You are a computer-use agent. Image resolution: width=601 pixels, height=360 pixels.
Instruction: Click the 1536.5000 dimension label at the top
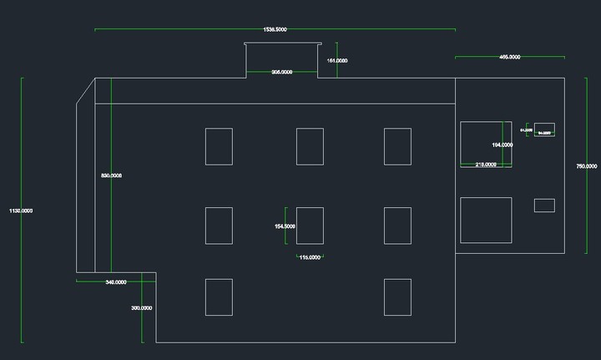click(x=275, y=29)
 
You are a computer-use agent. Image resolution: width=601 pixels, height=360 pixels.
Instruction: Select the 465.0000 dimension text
click(x=509, y=57)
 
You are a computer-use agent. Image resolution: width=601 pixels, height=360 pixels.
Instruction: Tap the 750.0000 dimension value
click(x=586, y=166)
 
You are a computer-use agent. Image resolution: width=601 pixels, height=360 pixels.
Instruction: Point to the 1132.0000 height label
click(x=21, y=210)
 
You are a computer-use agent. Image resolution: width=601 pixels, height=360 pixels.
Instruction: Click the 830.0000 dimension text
click(x=111, y=175)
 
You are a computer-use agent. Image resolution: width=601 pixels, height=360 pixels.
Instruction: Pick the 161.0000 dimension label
click(x=337, y=61)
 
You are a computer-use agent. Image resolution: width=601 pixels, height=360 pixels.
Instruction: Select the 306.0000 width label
click(x=281, y=73)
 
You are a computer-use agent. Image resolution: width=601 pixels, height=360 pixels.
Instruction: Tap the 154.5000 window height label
click(x=285, y=226)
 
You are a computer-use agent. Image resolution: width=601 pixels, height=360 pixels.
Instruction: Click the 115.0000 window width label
click(x=310, y=257)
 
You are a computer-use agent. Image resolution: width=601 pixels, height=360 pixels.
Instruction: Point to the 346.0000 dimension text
click(x=116, y=282)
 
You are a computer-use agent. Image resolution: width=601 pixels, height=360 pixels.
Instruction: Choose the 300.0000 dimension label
click(x=142, y=308)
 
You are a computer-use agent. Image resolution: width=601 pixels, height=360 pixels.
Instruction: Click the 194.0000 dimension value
click(x=503, y=145)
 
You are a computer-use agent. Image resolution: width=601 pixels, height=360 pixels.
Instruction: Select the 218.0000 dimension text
click(x=486, y=165)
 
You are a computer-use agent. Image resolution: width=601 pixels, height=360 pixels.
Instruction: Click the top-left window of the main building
click(x=219, y=146)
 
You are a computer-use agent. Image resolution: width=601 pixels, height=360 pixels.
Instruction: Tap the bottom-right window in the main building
click(x=397, y=297)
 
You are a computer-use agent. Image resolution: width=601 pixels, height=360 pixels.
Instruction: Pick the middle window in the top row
click(x=310, y=146)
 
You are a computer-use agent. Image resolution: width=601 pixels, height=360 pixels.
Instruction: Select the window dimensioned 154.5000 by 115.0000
click(x=310, y=226)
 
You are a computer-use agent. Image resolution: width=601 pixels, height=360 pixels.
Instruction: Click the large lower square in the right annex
click(x=486, y=220)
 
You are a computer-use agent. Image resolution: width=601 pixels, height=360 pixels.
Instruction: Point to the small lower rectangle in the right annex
click(x=544, y=205)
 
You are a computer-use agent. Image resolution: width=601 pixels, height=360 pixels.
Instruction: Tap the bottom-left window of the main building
click(x=219, y=297)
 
